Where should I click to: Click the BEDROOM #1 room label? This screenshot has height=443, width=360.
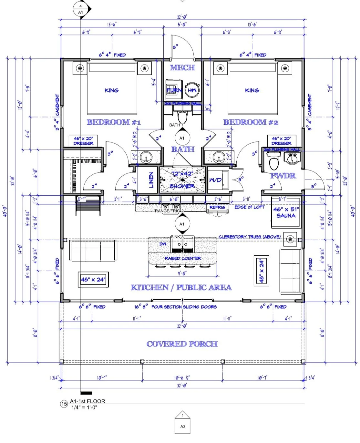(x=114, y=122)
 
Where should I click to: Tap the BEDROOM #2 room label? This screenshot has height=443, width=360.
(x=251, y=122)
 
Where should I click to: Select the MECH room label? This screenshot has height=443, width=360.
(x=182, y=67)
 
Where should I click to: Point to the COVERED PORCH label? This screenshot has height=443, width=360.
(x=182, y=344)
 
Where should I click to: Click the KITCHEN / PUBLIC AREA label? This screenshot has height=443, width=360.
(x=181, y=287)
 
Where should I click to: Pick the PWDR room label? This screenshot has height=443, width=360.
(x=283, y=176)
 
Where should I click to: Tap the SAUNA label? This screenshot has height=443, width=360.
(x=286, y=215)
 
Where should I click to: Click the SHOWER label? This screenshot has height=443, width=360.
(x=182, y=186)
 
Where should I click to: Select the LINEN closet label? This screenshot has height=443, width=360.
(x=151, y=180)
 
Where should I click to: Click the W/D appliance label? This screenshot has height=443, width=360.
(x=215, y=180)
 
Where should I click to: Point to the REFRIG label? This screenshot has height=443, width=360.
(x=217, y=207)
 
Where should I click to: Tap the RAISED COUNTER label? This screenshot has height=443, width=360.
(x=183, y=258)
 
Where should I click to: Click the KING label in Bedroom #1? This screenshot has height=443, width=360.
(x=111, y=90)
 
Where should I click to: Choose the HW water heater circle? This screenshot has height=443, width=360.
(x=192, y=90)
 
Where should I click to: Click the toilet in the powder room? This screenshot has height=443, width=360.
(x=274, y=162)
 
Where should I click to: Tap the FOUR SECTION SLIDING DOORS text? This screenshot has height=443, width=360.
(x=184, y=307)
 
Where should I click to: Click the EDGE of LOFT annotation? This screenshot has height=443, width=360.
(x=249, y=207)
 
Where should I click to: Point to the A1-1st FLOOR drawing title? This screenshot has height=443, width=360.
(x=87, y=401)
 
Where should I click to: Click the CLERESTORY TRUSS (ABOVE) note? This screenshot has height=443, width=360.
(x=250, y=237)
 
